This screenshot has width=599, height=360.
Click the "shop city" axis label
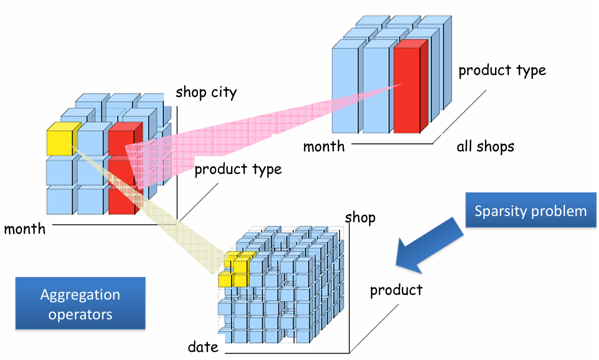(x=206, y=92)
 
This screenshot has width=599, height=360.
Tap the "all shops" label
(x=485, y=147)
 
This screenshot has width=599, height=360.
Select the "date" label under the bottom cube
(x=203, y=347)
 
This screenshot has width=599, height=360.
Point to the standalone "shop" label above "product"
(x=360, y=218)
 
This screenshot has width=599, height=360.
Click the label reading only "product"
(x=396, y=290)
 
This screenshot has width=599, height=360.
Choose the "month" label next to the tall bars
(x=324, y=146)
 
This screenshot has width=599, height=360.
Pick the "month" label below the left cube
(x=25, y=229)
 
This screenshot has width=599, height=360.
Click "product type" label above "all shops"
(x=502, y=70)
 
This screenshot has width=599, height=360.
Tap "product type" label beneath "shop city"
(x=238, y=169)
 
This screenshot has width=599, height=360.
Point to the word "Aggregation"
(x=80, y=295)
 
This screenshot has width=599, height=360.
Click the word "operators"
(x=80, y=314)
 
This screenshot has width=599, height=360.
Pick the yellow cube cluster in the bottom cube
(x=236, y=269)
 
